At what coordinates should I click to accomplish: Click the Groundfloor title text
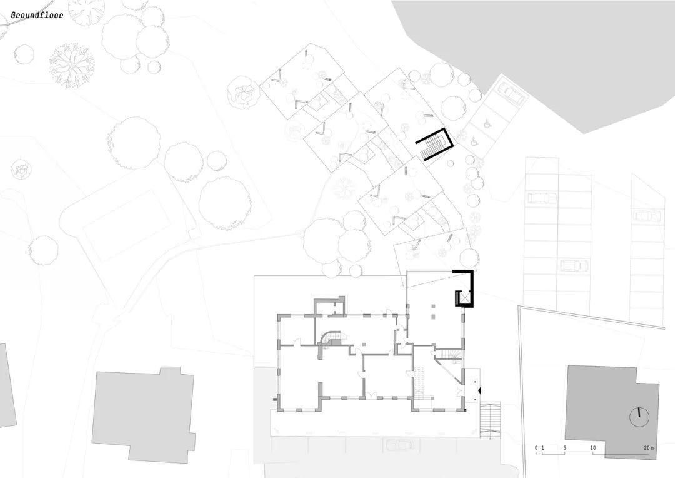tap(36, 14)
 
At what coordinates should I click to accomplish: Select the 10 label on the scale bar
tap(592, 448)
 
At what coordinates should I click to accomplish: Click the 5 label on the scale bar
tap(564, 448)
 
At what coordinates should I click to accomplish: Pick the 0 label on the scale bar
tap(536, 448)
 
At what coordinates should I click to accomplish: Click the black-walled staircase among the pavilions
tap(432, 145)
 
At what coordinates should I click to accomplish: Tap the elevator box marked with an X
tap(463, 298)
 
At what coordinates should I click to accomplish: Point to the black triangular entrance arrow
tap(479, 390)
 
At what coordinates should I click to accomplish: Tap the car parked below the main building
tap(398, 445)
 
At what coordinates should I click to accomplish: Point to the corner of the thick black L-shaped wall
tap(471, 272)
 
